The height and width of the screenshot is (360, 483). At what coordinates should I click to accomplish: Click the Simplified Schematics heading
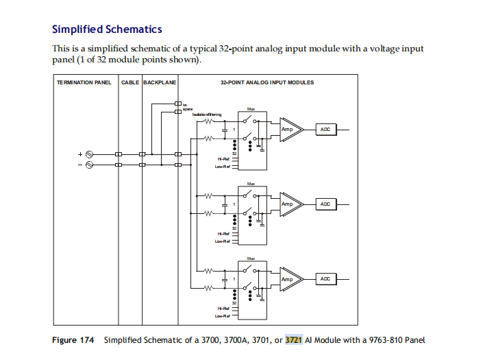tap(107, 29)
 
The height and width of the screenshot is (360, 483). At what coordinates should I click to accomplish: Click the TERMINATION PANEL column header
tap(84, 82)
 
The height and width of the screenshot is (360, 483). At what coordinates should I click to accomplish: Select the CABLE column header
tap(130, 82)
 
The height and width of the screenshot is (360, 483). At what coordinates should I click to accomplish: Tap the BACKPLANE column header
tap(160, 82)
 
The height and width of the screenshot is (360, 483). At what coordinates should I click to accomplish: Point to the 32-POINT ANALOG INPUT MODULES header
tap(267, 82)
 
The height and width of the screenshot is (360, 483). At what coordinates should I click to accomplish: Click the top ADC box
tap(325, 128)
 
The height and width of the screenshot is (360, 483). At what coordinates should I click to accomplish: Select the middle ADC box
tap(325, 204)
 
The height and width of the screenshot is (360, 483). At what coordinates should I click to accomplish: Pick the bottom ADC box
tap(325, 279)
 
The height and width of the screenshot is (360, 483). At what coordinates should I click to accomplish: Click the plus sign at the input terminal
tap(80, 155)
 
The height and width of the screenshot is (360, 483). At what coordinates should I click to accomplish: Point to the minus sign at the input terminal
tap(80, 165)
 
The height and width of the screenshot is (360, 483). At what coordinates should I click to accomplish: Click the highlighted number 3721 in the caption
tap(293, 340)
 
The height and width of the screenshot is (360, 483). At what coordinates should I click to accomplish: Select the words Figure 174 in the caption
tap(73, 340)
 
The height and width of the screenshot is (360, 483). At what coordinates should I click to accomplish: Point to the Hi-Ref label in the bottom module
tap(221, 309)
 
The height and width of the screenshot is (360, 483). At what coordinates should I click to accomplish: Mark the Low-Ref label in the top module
tap(221, 165)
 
